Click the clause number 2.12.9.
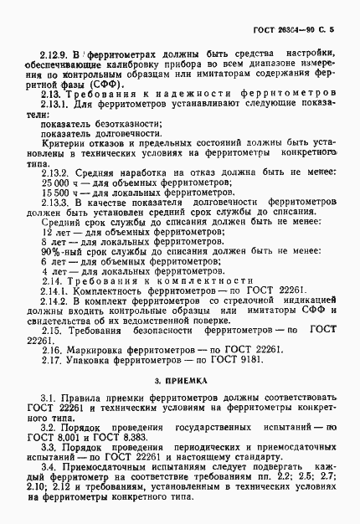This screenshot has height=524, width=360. point(49,52)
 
